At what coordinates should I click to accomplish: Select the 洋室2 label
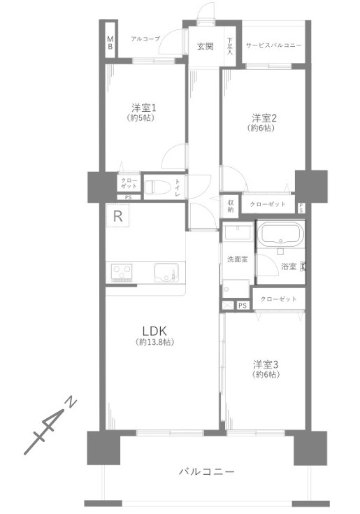[x=265, y=117]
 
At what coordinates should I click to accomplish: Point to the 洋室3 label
[x=266, y=364]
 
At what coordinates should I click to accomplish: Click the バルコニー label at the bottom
[x=206, y=472]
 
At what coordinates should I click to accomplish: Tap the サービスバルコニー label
[x=273, y=45]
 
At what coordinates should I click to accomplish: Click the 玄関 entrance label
[x=205, y=46]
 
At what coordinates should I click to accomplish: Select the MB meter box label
[x=110, y=43]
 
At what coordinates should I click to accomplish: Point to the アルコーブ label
[x=145, y=39]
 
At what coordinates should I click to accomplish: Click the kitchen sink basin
[x=168, y=271]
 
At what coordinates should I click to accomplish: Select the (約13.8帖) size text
[x=154, y=343]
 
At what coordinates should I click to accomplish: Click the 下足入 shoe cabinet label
[x=230, y=47]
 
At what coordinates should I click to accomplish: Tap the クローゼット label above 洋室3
[x=278, y=299]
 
